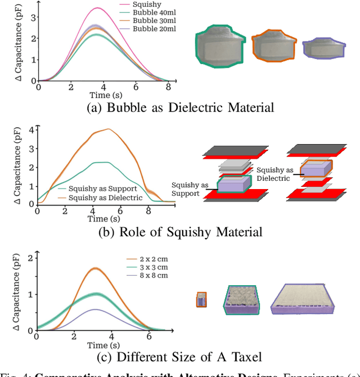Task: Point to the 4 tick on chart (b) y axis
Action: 30,129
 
